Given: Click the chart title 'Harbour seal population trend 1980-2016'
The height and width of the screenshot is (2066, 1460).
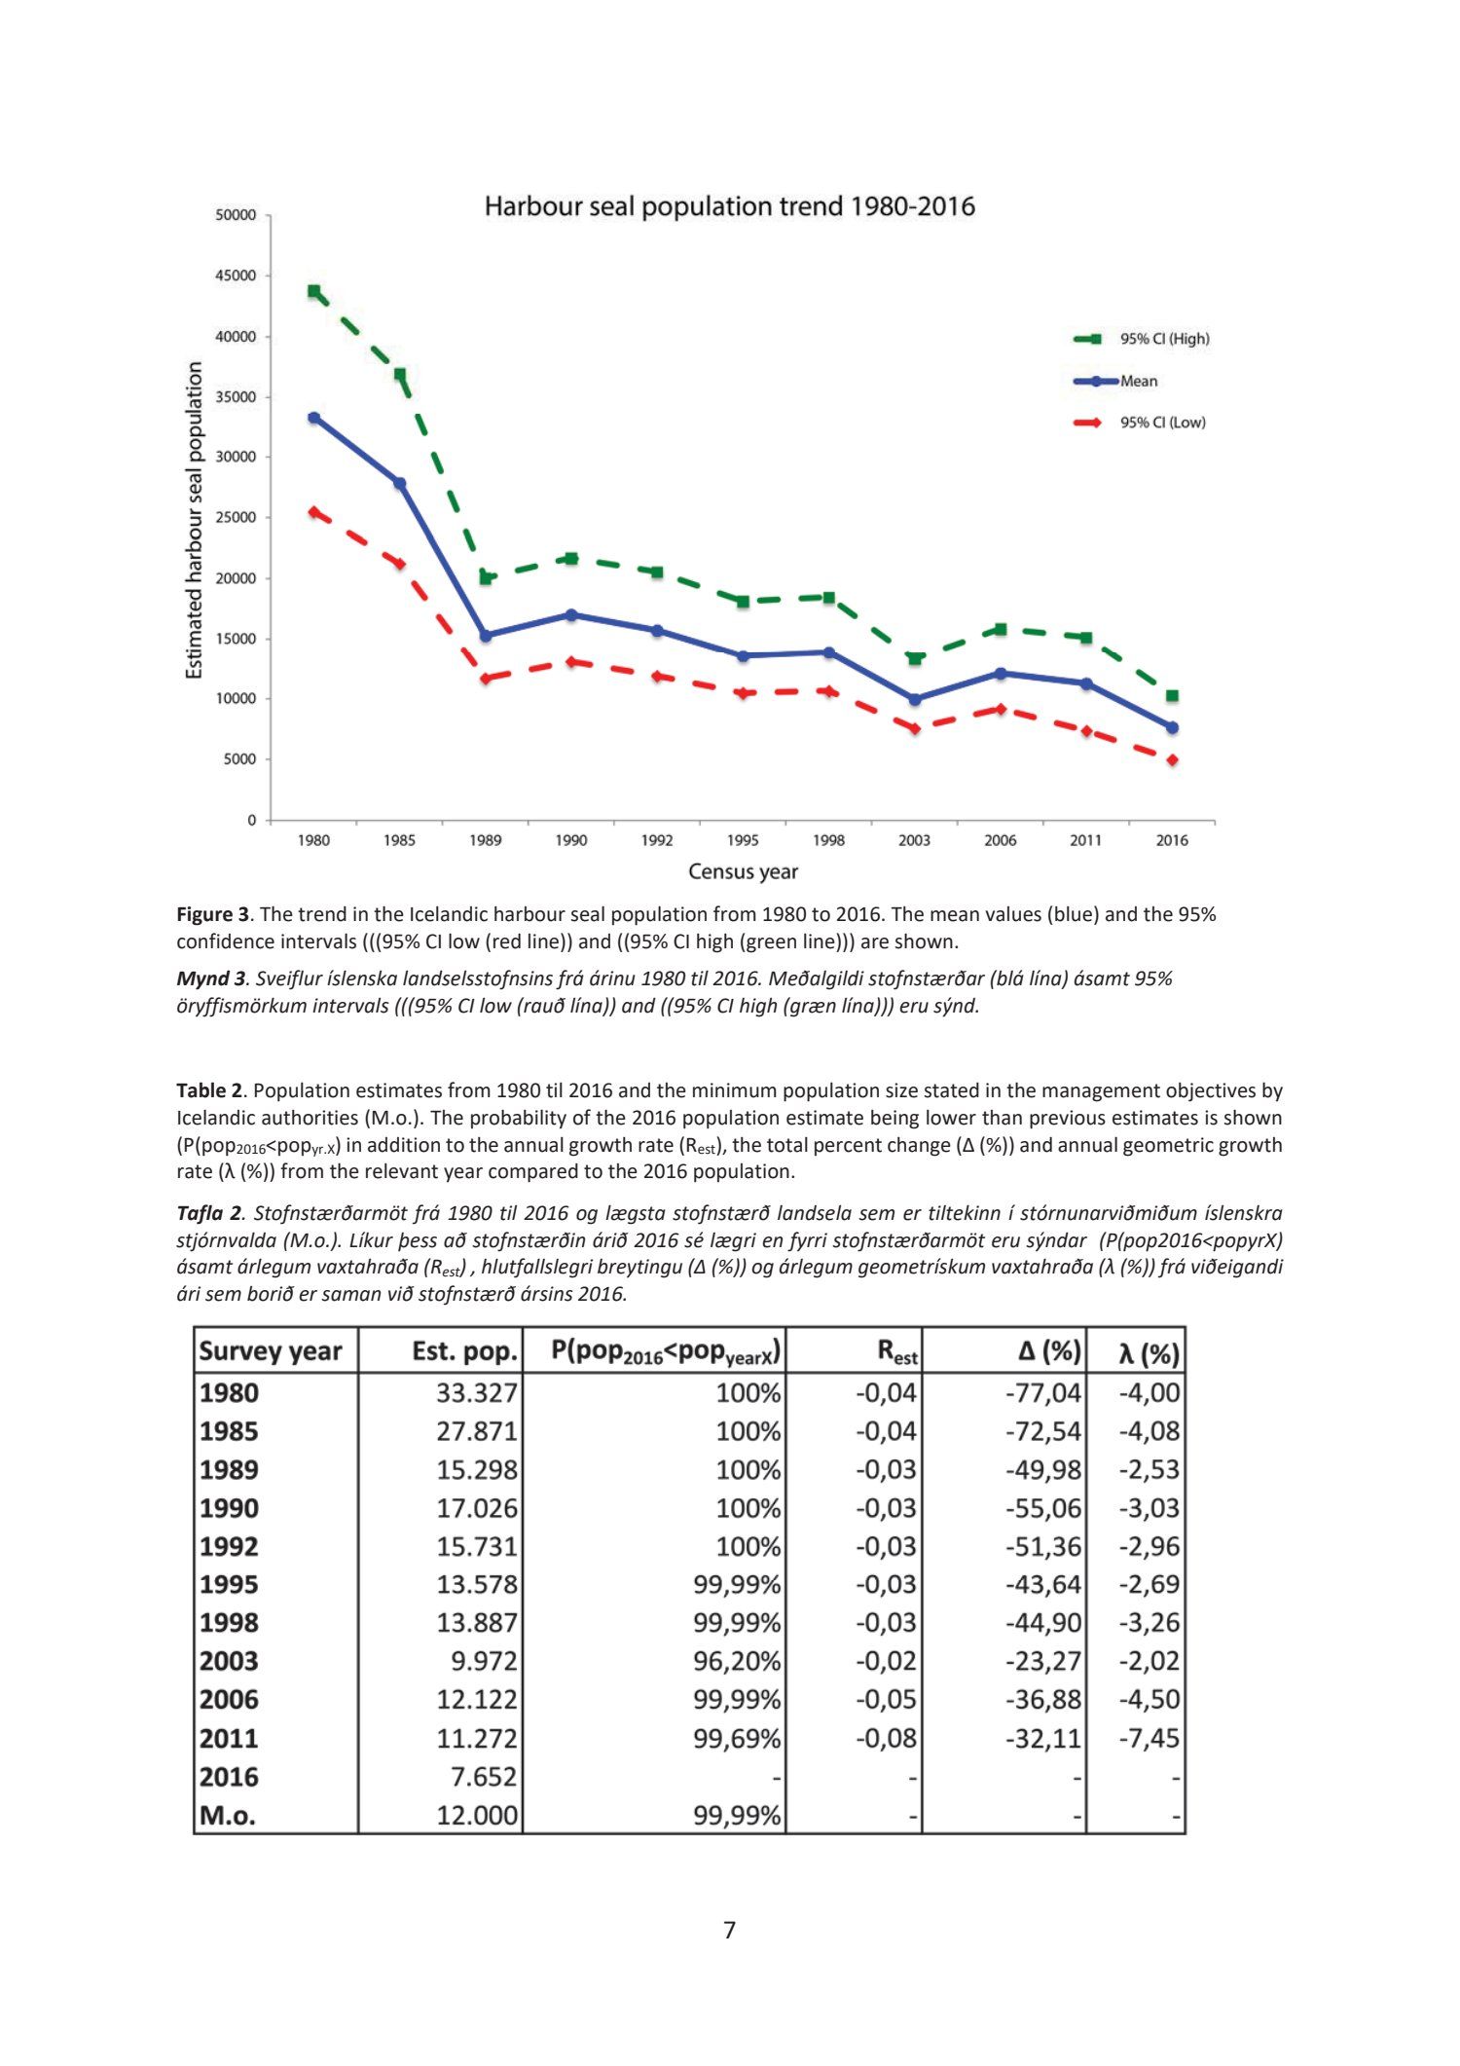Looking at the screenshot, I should tap(729, 206).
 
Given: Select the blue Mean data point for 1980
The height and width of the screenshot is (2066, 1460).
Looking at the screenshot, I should tap(313, 418).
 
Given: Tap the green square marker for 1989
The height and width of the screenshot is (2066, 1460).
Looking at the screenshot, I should tap(486, 577).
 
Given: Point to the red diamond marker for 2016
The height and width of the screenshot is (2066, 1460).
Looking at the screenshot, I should tap(1172, 759).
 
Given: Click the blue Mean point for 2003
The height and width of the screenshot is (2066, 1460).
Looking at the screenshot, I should tap(914, 699).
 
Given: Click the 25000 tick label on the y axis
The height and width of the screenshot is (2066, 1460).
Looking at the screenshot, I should tap(236, 517).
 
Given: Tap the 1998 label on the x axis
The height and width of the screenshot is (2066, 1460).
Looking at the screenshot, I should tap(828, 840).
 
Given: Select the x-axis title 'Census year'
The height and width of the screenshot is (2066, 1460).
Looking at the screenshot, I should tap(743, 871).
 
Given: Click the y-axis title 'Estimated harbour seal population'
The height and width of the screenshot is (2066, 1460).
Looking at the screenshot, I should tap(195, 520).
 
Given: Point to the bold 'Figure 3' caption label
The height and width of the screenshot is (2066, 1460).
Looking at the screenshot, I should tap(212, 914).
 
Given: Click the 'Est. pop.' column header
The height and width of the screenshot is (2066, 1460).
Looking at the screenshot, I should tap(464, 1351).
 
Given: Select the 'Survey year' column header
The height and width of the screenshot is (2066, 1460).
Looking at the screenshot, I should tap(271, 1351).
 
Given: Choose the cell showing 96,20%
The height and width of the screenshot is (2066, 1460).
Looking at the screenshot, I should tap(736, 1661).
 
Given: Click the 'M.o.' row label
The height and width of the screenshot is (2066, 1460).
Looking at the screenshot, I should tap(228, 1816).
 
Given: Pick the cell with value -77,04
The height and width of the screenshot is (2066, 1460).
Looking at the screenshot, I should tap(1042, 1393).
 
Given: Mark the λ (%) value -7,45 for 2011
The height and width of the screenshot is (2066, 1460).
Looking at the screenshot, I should tap(1149, 1738).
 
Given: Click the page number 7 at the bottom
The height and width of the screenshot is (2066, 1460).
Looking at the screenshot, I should tap(730, 1930).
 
